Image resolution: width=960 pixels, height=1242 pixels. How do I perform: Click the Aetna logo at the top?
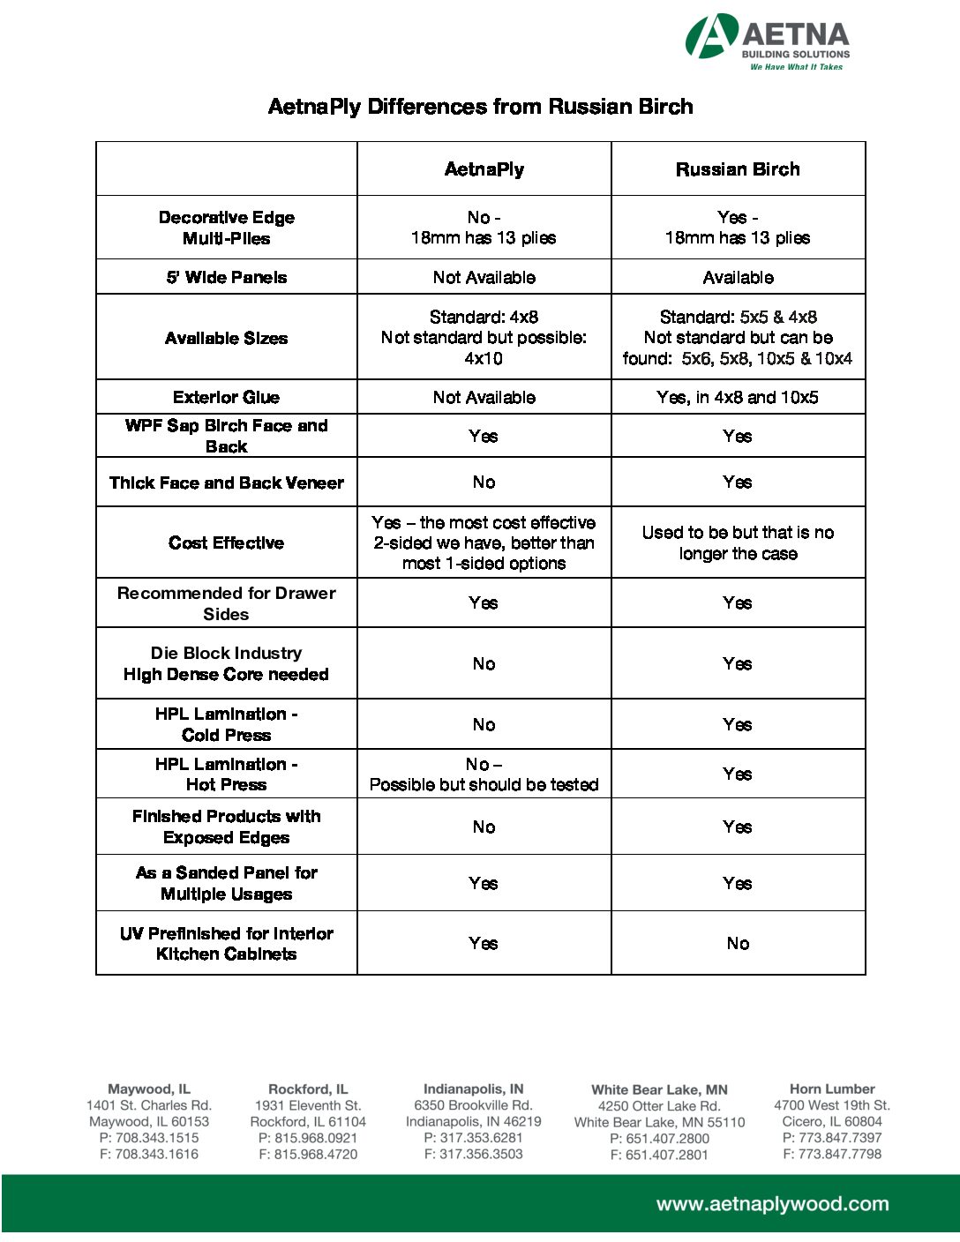(768, 41)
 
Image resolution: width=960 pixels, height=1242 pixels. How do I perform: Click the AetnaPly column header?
(484, 169)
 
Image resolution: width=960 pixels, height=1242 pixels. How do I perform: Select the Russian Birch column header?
(738, 169)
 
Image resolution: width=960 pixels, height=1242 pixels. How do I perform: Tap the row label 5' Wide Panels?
(227, 277)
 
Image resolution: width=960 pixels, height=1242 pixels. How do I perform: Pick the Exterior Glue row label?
(227, 397)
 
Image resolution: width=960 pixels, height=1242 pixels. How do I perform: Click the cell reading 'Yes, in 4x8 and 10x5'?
(738, 397)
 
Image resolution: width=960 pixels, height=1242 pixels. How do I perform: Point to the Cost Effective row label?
(227, 542)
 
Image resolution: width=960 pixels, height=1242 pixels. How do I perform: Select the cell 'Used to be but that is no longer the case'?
(738, 542)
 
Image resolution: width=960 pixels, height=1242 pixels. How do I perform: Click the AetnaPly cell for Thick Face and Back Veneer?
(484, 482)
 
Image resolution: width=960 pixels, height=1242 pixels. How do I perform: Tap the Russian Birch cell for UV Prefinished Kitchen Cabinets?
(738, 943)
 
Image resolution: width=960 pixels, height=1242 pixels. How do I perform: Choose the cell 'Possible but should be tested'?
(484, 784)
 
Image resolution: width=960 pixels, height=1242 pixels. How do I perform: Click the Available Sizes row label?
(227, 338)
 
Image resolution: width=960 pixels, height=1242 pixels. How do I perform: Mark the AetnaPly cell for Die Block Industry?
(484, 663)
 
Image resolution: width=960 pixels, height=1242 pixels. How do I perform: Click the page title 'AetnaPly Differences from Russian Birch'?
(480, 107)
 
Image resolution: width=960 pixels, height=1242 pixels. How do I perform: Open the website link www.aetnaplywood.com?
(772, 1204)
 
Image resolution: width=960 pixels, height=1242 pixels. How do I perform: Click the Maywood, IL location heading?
(149, 1089)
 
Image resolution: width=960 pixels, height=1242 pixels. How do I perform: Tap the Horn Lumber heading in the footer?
(832, 1089)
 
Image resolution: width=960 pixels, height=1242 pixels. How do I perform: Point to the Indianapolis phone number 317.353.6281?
(474, 1138)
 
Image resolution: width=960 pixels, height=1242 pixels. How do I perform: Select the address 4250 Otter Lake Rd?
(659, 1106)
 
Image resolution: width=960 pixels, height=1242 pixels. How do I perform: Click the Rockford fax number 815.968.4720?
(308, 1154)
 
